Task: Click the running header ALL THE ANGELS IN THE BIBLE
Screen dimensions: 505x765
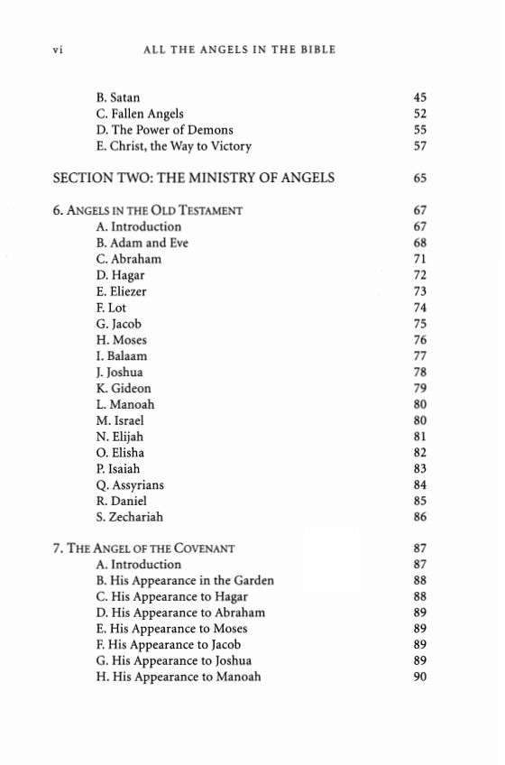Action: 239,50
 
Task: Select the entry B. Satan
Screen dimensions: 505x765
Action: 118,97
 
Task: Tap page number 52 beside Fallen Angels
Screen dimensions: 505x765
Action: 419,114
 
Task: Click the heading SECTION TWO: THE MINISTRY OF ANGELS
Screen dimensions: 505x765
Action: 194,178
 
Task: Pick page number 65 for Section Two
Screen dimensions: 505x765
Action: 419,178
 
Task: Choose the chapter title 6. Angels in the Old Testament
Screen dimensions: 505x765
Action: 148,211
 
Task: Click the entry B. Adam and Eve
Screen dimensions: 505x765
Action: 142,244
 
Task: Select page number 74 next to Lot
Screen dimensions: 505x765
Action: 419,308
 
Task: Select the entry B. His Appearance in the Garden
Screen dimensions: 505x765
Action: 185,580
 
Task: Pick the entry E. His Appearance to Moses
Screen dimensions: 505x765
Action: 171,629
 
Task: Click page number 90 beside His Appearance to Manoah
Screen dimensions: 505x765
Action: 419,677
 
